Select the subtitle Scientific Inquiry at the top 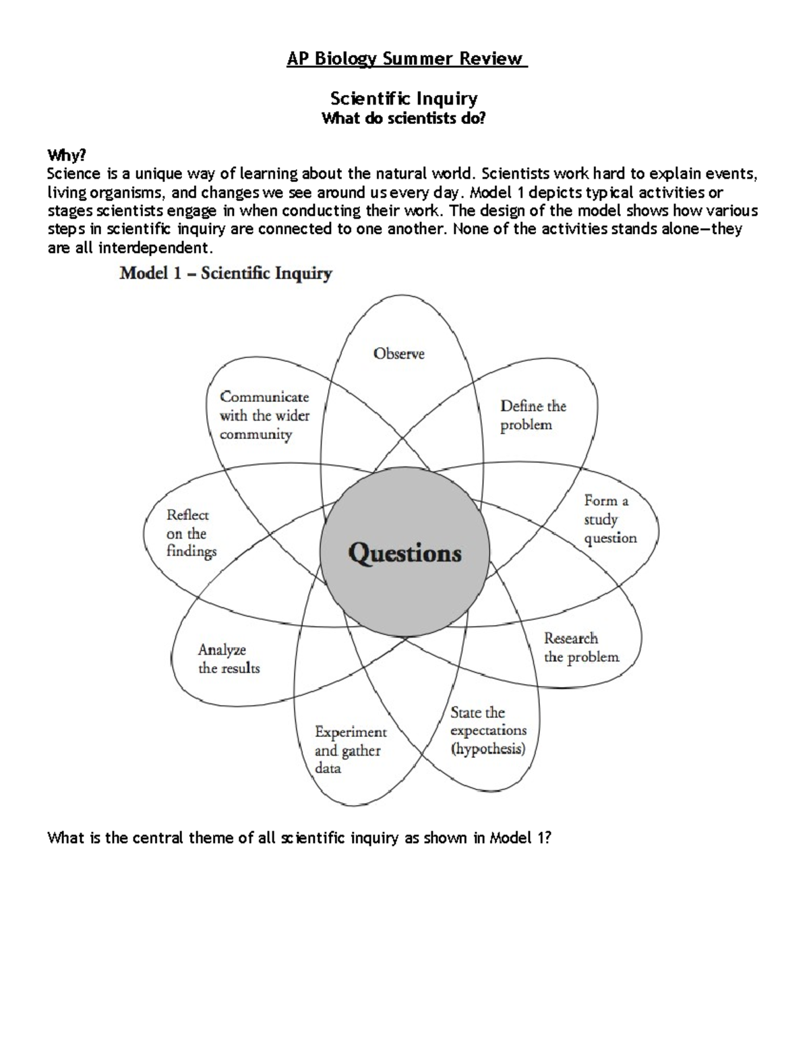pyautogui.click(x=404, y=99)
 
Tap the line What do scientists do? pyautogui.click(x=404, y=119)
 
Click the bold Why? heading pyautogui.click(x=67, y=156)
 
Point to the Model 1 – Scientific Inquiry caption pyautogui.click(x=226, y=274)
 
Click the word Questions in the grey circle pyautogui.click(x=405, y=554)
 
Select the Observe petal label pyautogui.click(x=399, y=353)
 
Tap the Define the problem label pyautogui.click(x=533, y=415)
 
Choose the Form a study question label pyautogui.click(x=610, y=519)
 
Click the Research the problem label pyautogui.click(x=581, y=647)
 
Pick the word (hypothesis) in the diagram pyautogui.click(x=488, y=749)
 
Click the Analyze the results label pyautogui.click(x=229, y=659)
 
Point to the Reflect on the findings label pyautogui.click(x=191, y=533)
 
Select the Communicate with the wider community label pyautogui.click(x=264, y=415)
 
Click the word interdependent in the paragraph pyautogui.click(x=154, y=248)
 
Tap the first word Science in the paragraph pyautogui.click(x=73, y=174)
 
